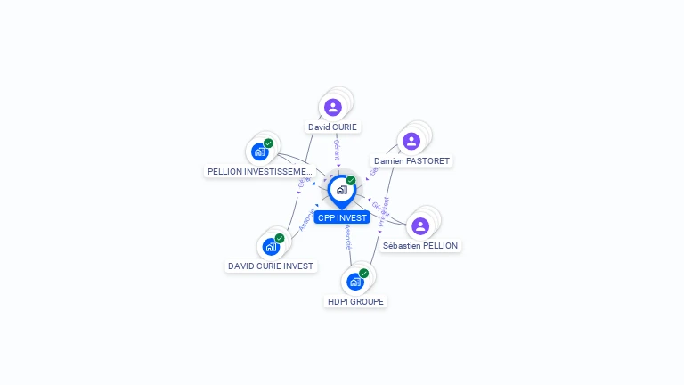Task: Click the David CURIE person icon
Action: [333, 107]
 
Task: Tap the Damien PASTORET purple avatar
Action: [411, 141]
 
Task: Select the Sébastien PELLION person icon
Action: [420, 225]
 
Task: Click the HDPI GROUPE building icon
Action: [355, 282]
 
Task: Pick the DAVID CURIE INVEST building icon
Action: [271, 247]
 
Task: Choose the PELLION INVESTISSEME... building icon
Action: [260, 152]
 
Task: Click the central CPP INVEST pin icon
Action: [341, 190]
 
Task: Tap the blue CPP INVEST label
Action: [342, 217]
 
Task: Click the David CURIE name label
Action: [333, 127]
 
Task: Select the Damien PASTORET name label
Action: [412, 161]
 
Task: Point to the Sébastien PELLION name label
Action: [420, 246]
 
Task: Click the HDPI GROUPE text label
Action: [356, 302]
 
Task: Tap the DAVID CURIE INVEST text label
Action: [271, 266]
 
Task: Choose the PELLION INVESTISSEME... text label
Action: [259, 171]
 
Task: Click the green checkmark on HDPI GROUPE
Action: [364, 274]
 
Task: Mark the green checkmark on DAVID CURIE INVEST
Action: [280, 238]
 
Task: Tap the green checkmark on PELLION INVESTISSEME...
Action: [269, 143]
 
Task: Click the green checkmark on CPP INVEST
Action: [351, 180]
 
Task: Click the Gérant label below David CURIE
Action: [337, 149]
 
